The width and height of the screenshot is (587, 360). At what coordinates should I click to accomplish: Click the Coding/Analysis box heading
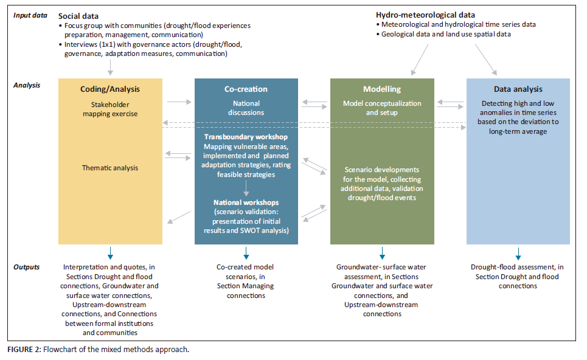pos(110,89)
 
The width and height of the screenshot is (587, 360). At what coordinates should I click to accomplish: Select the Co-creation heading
pos(246,89)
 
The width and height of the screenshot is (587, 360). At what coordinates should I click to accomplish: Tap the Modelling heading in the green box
pos(382,89)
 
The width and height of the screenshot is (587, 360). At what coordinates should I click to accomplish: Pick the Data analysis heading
pos(518,89)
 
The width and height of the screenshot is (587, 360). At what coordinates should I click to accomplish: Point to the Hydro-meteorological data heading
pos(425,15)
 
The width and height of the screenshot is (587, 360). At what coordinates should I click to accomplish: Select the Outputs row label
pos(27,267)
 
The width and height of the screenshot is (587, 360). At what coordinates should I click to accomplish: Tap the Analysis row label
pos(27,85)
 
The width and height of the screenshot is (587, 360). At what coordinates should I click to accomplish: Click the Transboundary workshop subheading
pos(246,137)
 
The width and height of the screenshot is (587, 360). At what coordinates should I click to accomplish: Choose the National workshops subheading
pos(246,202)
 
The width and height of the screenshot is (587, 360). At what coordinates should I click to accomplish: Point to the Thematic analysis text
pos(110,168)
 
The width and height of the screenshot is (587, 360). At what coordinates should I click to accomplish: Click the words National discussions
pos(246,108)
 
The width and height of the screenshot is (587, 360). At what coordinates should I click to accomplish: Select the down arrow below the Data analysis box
pos(518,252)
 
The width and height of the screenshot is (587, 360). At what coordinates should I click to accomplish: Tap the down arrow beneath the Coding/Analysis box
pos(110,252)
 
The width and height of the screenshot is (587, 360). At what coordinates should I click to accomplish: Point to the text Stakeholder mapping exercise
pos(110,109)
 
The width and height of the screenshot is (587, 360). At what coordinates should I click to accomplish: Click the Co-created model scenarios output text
pos(246,277)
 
